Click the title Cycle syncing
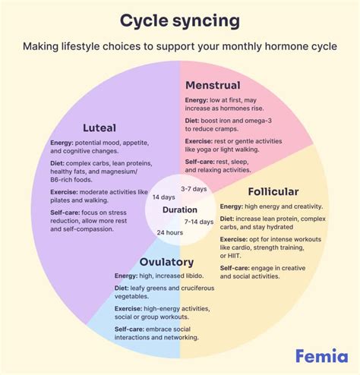point(179,18)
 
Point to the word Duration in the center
point(180,210)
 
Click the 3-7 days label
point(195,187)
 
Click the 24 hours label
point(169,232)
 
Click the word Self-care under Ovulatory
point(131,328)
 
